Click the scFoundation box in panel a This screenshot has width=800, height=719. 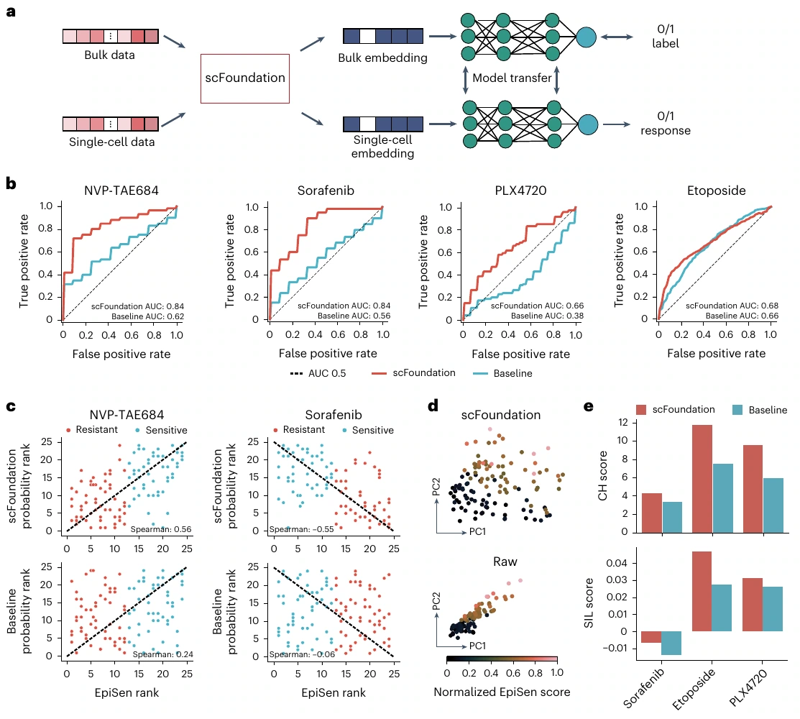(245, 78)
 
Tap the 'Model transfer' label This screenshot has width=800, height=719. (512, 78)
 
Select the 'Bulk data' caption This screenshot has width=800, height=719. (110, 55)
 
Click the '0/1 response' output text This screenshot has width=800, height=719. (666, 124)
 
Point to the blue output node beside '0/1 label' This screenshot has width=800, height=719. (587, 37)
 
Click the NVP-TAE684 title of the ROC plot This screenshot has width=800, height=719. (121, 191)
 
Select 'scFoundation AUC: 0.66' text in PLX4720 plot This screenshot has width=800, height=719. (537, 306)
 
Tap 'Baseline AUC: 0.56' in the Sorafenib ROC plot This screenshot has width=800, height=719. (354, 316)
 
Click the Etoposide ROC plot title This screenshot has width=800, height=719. (717, 191)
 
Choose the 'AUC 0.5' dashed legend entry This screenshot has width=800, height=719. (318, 374)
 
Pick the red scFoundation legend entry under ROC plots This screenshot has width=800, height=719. (413, 373)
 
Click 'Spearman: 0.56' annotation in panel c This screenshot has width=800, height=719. (161, 529)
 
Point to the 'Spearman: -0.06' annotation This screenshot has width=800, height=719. (302, 654)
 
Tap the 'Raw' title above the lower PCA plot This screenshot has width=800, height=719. (505, 562)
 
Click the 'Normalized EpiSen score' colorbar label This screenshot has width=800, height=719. (502, 692)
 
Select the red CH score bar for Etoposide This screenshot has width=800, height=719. (702, 479)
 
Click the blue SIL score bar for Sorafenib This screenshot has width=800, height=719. (671, 643)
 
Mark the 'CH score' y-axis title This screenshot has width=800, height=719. (602, 475)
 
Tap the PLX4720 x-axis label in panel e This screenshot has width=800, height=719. (748, 688)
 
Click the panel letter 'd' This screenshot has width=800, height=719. (433, 406)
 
